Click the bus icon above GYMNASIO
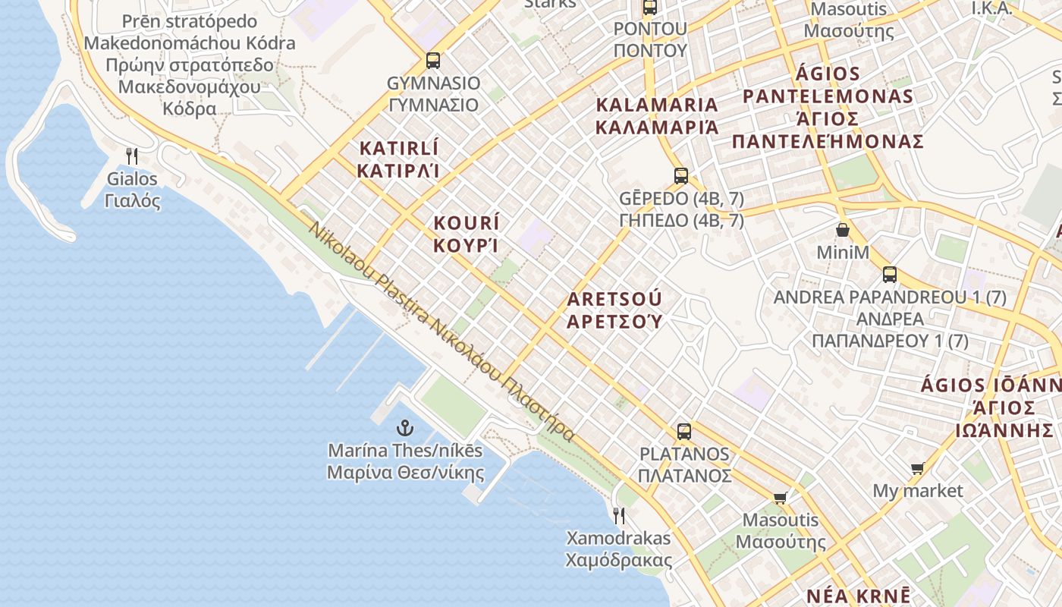click(x=433, y=60)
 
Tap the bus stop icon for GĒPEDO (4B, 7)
click(x=681, y=176)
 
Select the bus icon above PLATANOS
click(x=684, y=432)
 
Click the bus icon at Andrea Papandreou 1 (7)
click(x=890, y=274)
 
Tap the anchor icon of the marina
click(x=405, y=427)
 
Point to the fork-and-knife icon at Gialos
click(x=132, y=156)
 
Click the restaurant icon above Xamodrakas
click(x=619, y=516)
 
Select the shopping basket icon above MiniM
click(x=842, y=229)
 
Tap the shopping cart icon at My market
click(x=918, y=468)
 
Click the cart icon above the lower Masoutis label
click(x=780, y=498)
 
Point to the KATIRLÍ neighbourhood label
click(x=398, y=159)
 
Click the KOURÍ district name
click(x=467, y=234)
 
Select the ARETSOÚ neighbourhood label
click(x=614, y=310)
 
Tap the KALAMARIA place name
click(x=657, y=115)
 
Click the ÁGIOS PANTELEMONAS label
click(x=828, y=108)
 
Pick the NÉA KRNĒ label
click(x=858, y=596)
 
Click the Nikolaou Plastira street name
click(x=441, y=331)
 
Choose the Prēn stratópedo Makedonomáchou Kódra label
click(x=189, y=64)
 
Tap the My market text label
click(x=918, y=491)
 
